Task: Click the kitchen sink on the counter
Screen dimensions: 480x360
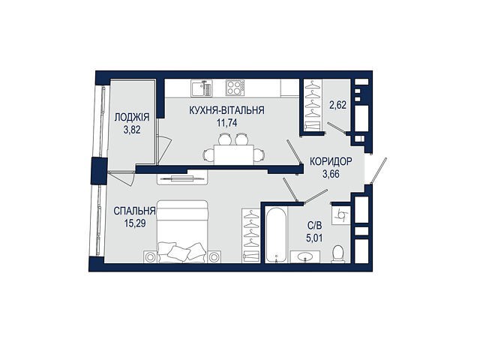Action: pyautogui.click(x=201, y=88)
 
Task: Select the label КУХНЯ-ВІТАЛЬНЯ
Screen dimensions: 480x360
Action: pyautogui.click(x=226, y=110)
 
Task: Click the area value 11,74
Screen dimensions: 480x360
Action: pyautogui.click(x=226, y=123)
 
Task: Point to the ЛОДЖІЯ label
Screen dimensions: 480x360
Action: pyautogui.click(x=132, y=117)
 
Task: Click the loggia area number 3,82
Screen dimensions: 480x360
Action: pyautogui.click(x=132, y=130)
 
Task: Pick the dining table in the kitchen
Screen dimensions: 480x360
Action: pyautogui.click(x=234, y=154)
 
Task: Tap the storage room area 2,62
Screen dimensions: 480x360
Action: pyautogui.click(x=338, y=105)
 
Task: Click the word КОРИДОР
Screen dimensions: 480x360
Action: pyautogui.click(x=331, y=161)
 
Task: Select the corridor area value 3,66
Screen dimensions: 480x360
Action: pyautogui.click(x=331, y=174)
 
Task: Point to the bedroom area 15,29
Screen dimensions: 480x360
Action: pyautogui.click(x=135, y=223)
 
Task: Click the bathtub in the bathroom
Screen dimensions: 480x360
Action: pyautogui.click(x=276, y=235)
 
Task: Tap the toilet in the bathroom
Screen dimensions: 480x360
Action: pyautogui.click(x=338, y=254)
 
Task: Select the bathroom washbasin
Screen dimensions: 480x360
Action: pyautogui.click(x=305, y=256)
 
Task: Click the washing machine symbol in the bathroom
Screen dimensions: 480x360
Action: pyautogui.click(x=341, y=215)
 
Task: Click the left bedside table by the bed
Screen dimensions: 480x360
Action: pyautogui.click(x=150, y=256)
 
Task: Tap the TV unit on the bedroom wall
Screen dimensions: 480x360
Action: pyautogui.click(x=182, y=178)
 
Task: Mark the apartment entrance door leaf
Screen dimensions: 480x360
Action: pyautogui.click(x=379, y=171)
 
